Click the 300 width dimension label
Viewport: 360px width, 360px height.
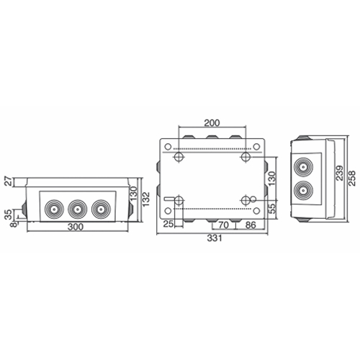coord(76,227)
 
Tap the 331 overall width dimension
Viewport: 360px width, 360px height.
coord(215,238)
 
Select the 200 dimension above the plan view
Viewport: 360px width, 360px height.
coord(212,123)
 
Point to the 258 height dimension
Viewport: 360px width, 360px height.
coord(351,178)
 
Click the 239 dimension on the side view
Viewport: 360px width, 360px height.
coord(339,173)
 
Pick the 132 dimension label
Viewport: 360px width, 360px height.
coord(145,199)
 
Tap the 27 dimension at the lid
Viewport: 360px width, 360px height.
coord(8,181)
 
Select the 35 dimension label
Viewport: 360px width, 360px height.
coord(8,215)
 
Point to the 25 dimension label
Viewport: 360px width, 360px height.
coord(168,224)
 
